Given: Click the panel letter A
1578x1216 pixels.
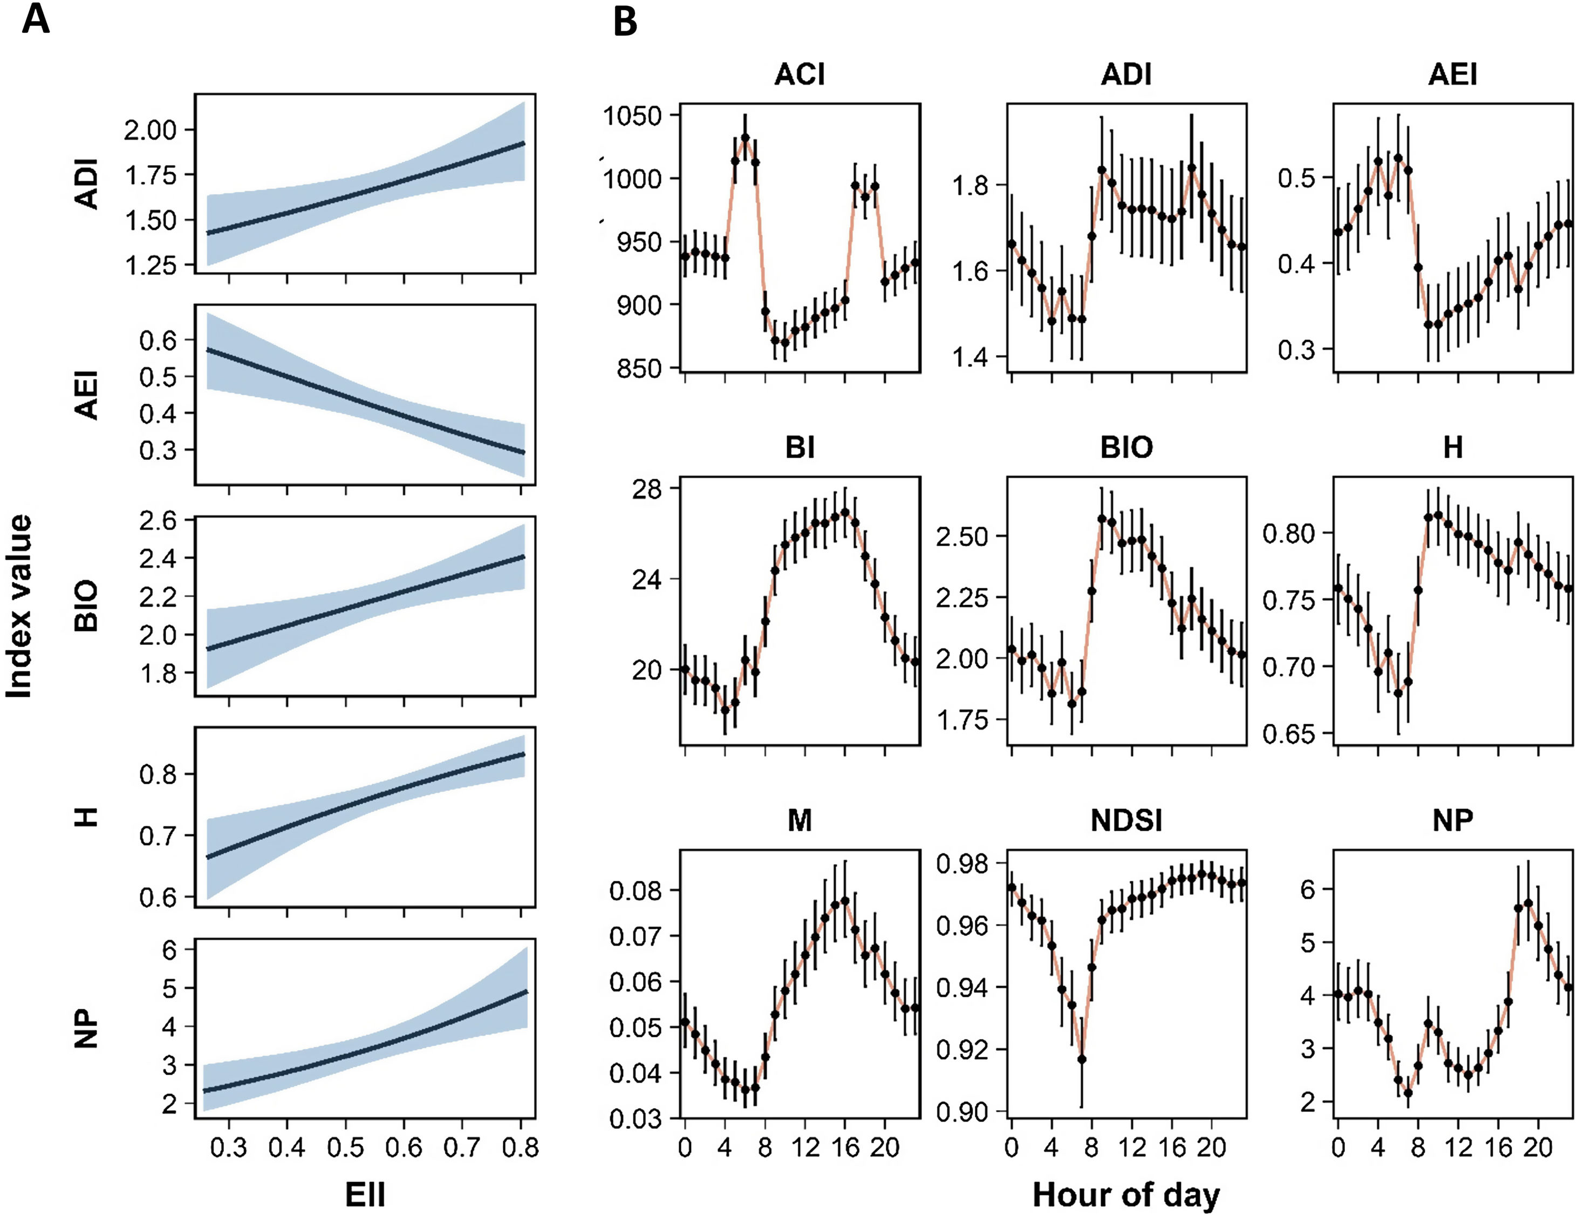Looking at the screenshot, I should pos(36,19).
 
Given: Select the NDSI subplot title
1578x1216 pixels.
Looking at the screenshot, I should pos(1126,821).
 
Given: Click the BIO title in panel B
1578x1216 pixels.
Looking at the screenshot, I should pos(1126,448).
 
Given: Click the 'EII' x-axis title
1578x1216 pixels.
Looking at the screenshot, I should pos(365,1194).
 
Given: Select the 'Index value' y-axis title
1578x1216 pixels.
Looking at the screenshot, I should pos(19,606).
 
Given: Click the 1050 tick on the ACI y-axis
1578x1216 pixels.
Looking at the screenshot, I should pos(634,116).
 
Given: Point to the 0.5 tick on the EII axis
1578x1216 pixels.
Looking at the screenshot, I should pos(345,1148).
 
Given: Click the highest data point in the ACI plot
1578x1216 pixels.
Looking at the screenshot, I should pos(745,138).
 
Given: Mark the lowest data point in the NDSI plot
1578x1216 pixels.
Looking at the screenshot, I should pos(1082,1059).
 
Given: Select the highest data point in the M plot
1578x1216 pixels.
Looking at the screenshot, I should pos(845,901).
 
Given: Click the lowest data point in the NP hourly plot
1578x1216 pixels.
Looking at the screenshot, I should pos(1408,1093).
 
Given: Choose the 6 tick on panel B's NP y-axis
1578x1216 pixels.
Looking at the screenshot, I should pos(1307,889).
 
